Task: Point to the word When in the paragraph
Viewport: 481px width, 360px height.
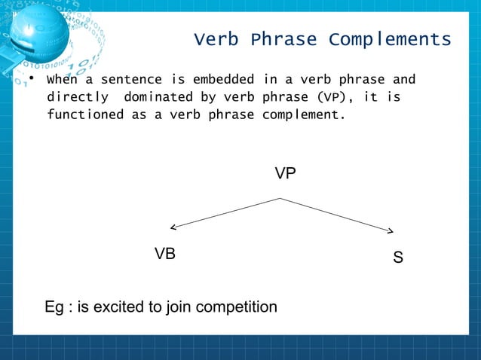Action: pos(60,80)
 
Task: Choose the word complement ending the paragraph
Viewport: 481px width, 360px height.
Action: pos(303,116)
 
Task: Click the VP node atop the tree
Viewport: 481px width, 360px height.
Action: pos(285,174)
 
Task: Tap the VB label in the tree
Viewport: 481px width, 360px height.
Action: pos(165,255)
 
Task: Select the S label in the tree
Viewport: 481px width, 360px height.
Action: pos(398,258)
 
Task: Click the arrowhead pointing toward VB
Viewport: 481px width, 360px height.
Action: pos(173,227)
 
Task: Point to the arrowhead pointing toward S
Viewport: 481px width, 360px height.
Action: pos(390,231)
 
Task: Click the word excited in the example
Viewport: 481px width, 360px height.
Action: pos(131,307)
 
